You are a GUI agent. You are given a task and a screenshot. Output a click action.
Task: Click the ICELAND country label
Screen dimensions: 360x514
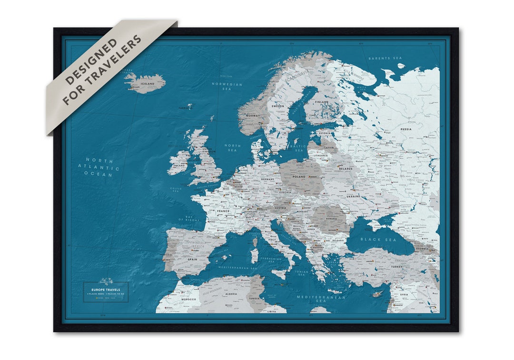(x=148, y=84)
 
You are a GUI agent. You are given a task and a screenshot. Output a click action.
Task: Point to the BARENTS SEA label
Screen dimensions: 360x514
(x=385, y=58)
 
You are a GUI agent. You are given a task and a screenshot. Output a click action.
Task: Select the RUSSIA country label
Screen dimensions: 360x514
(x=406, y=129)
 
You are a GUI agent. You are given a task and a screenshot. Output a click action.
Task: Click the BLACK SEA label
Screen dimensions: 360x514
(x=378, y=240)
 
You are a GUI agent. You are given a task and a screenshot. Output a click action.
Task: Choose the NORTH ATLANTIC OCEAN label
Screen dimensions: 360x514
(x=99, y=167)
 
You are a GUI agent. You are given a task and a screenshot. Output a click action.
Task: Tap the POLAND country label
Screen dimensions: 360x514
(x=299, y=177)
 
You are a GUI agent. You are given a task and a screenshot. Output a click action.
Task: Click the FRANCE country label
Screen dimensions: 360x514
(x=223, y=211)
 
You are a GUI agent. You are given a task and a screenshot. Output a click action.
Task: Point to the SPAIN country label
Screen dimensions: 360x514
(x=192, y=260)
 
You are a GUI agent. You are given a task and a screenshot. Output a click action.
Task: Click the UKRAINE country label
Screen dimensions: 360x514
(x=354, y=196)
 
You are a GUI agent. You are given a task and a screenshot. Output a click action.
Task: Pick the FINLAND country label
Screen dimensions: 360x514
(x=322, y=102)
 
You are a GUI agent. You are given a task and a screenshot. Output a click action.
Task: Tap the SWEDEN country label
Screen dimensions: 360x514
(x=278, y=106)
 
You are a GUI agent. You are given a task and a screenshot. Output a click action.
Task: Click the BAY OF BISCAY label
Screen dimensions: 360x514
(x=189, y=218)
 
